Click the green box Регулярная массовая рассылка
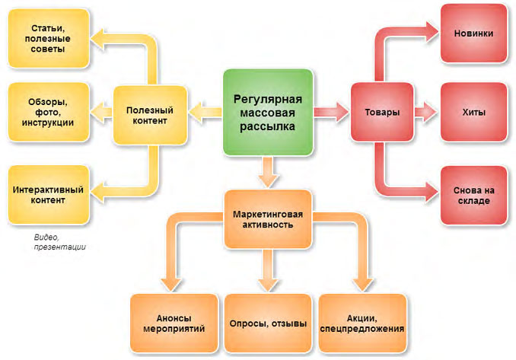(268, 112)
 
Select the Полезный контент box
(150, 115)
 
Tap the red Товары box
(382, 112)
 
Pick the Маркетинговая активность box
(268, 219)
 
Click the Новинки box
(473, 33)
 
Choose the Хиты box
(473, 112)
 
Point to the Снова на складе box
(473, 196)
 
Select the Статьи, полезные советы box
(49, 39)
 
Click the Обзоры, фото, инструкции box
(49, 112)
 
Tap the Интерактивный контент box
(49, 195)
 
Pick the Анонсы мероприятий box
(174, 323)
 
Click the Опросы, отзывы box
(268, 323)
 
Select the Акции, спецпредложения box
(362, 323)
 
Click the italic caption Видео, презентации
(59, 242)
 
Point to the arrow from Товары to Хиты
(425, 112)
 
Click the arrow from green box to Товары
(331, 112)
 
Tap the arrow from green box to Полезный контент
(205, 112)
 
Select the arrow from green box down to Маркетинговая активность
(268, 172)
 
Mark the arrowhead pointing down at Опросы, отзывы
(268, 285)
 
